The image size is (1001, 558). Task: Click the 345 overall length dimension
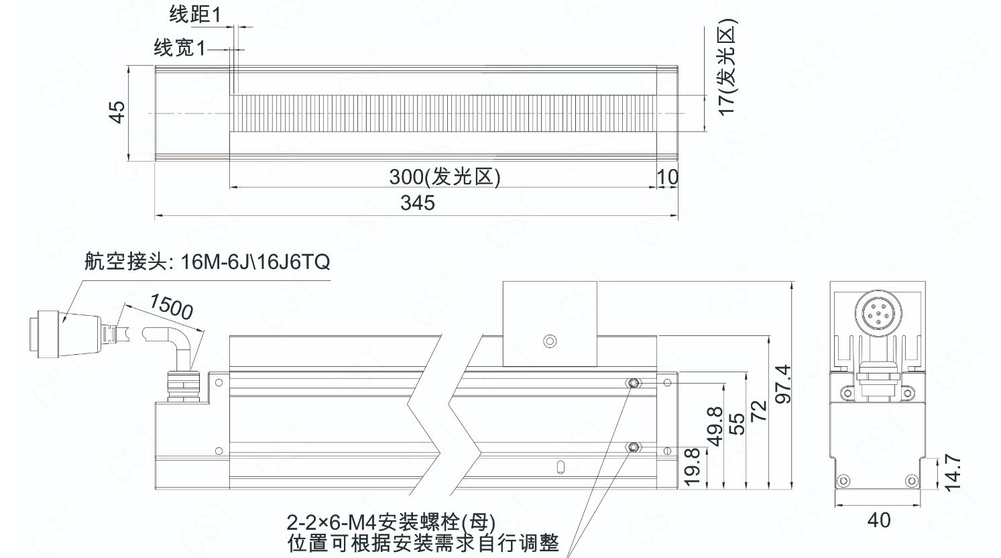click(x=418, y=203)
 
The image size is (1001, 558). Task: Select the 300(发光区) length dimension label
click(x=445, y=176)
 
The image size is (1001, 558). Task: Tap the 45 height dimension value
click(x=117, y=112)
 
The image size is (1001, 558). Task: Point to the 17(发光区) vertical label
click(x=726, y=67)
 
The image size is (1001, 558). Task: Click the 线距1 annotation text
click(x=195, y=15)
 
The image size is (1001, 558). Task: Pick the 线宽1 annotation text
click(x=180, y=48)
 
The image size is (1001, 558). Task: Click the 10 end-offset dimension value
click(x=668, y=178)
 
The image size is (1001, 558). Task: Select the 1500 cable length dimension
click(x=171, y=306)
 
